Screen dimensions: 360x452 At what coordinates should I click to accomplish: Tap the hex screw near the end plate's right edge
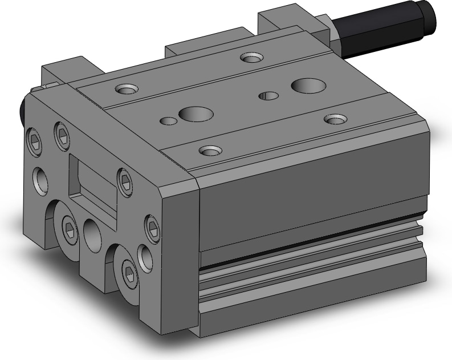coord(152,224)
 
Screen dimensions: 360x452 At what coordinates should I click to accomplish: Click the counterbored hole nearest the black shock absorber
coord(250,58)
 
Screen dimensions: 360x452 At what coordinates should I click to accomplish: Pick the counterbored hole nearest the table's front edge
coord(210,151)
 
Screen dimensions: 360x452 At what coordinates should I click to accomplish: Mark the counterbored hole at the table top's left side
coord(127,90)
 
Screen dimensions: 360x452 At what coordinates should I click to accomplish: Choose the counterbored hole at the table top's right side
coord(335,119)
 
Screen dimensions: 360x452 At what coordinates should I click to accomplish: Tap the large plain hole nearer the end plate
coord(192,114)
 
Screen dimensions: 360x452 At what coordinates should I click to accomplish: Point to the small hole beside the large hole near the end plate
coord(167,120)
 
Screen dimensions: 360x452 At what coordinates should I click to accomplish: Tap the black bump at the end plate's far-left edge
coord(23,112)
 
